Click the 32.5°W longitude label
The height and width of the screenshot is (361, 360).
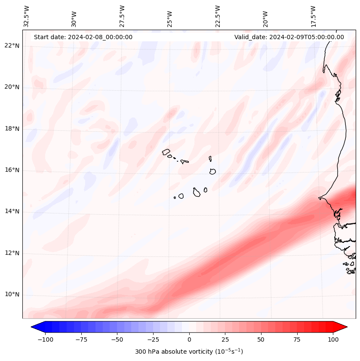(x=27, y=16)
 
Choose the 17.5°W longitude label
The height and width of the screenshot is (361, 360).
(x=313, y=16)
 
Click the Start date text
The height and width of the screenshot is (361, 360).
(x=83, y=37)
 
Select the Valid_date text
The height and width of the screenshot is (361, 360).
(x=289, y=37)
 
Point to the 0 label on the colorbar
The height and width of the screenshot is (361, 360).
(x=189, y=339)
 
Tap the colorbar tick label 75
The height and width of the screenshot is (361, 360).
(x=297, y=339)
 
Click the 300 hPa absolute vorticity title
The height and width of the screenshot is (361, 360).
(x=189, y=352)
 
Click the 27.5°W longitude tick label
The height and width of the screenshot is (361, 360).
(x=122, y=16)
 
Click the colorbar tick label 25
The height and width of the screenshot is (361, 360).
(x=225, y=339)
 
